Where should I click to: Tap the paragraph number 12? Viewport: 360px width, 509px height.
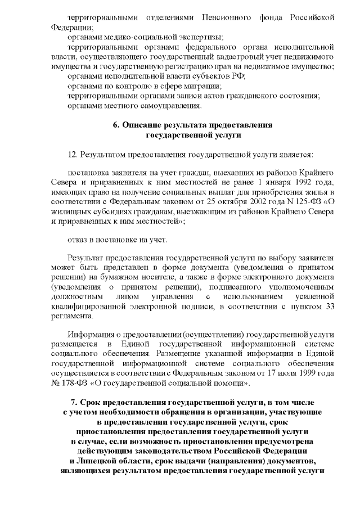73,154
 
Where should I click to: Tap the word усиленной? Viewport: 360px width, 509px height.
317,296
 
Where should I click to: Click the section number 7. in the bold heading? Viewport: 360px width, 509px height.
75,403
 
